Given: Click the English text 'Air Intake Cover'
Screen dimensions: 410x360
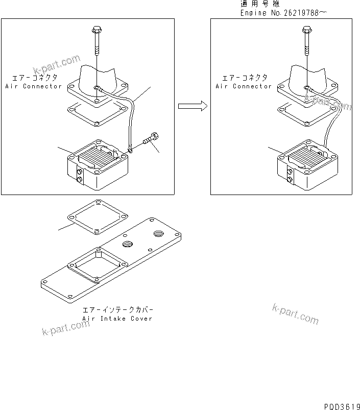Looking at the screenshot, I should pos(117,319).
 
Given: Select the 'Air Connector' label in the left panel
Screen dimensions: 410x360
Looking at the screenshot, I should pos(33,86).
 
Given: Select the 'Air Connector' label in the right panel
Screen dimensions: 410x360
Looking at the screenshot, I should pos(244,86).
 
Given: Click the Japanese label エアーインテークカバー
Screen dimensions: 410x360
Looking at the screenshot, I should pos(117,310).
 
